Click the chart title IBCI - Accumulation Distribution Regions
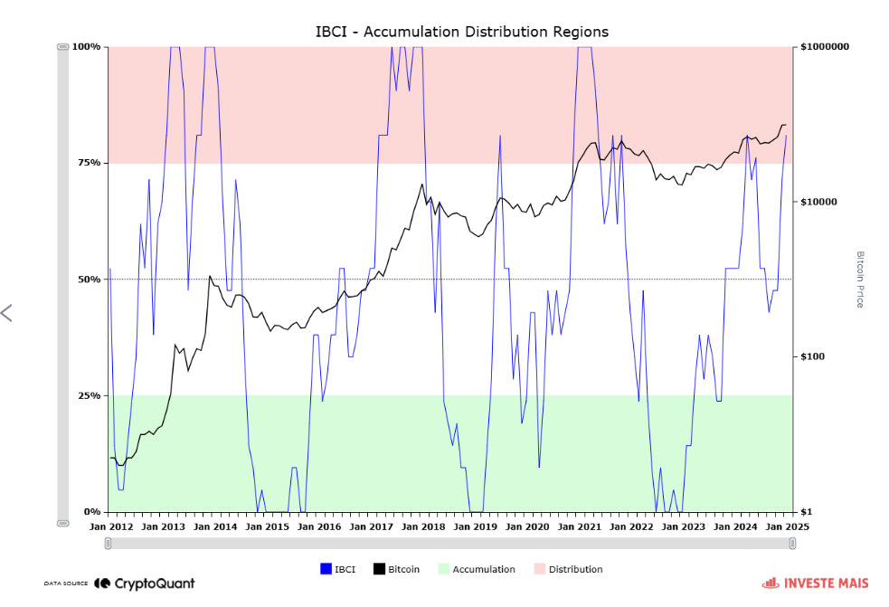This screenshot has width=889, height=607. point(461,32)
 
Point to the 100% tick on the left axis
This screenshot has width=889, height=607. point(87,46)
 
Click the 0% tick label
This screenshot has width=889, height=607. point(92,512)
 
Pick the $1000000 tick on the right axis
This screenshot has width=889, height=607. point(825,46)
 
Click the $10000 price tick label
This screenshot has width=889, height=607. point(819,202)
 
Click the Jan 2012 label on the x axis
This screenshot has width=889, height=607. point(111,526)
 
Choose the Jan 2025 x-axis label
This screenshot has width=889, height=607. point(788,526)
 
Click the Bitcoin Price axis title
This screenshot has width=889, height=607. point(860,280)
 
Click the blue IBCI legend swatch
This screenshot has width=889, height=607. point(326,569)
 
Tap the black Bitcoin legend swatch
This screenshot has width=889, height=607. point(380,569)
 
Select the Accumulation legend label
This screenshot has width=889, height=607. point(484,570)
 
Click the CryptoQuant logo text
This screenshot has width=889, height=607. point(154,584)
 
